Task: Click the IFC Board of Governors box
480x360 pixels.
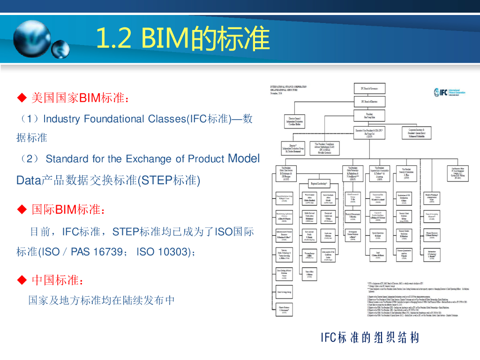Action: click(x=369, y=88)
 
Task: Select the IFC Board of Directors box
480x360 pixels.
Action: click(x=369, y=101)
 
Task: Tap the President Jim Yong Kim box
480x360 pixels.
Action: click(x=369, y=115)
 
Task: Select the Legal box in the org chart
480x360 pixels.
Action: click(x=378, y=254)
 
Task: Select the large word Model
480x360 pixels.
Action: click(x=243, y=158)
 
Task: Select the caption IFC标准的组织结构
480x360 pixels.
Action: click(x=370, y=337)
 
